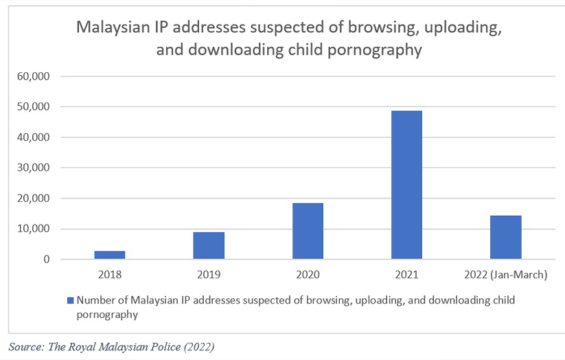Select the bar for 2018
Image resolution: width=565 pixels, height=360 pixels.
tap(109, 255)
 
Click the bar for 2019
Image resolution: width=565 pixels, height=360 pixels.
tap(209, 245)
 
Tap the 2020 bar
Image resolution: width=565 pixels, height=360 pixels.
tap(308, 231)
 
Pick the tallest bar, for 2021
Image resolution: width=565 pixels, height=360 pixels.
tap(407, 185)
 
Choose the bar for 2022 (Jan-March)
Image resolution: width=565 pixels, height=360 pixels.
tap(506, 237)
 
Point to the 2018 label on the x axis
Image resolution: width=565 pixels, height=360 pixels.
tap(109, 275)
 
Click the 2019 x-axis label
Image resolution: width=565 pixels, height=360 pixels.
tap(209, 275)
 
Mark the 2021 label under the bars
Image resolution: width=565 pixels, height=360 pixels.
tap(407, 275)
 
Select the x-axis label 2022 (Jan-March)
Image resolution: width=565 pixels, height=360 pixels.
tap(506, 275)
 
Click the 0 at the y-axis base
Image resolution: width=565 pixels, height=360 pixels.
tap(47, 260)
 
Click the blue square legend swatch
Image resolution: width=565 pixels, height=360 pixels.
tap(70, 301)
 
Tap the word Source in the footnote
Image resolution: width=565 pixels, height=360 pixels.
tap(25, 346)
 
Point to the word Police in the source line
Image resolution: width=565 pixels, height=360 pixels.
tap(169, 346)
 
